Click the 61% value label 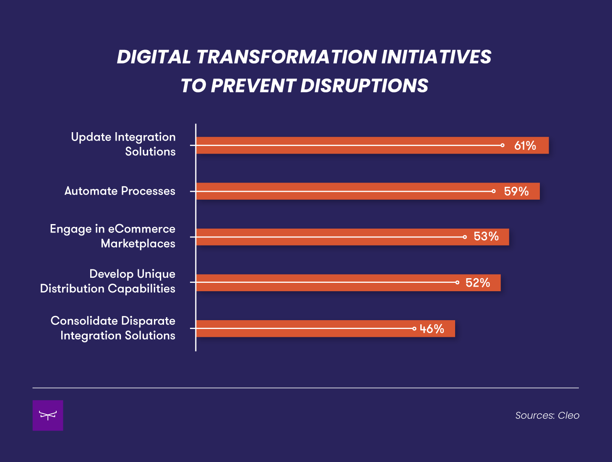click(525, 146)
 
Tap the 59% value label click(516, 191)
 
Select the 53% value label click(486, 237)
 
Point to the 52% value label click(478, 283)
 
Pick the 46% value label click(432, 329)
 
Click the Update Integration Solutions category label click(123, 144)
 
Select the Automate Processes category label click(120, 191)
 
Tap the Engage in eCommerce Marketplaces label click(112, 236)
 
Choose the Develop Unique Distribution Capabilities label click(108, 281)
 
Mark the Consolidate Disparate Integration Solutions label click(113, 328)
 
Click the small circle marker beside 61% click(502, 145)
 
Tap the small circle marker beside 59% click(493, 191)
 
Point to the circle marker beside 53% click(465, 237)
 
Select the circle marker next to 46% click(414, 329)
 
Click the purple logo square click(48, 415)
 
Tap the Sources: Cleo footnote click(547, 415)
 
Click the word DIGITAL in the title click(154, 57)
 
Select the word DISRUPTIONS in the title click(364, 86)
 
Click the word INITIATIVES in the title click(436, 57)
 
